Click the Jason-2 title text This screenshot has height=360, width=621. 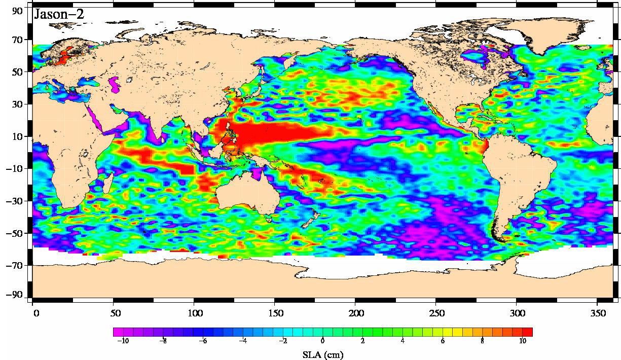58,14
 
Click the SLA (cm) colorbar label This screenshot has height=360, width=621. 322,355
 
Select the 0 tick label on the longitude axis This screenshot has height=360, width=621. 36,313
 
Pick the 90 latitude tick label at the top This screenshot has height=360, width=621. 17,11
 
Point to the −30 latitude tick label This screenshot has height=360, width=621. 15,201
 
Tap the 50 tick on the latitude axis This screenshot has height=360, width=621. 17,72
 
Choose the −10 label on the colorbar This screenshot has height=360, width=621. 122,341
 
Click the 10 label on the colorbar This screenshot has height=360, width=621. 522,341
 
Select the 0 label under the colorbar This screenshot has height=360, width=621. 322,341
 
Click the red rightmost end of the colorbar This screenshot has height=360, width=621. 528,332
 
